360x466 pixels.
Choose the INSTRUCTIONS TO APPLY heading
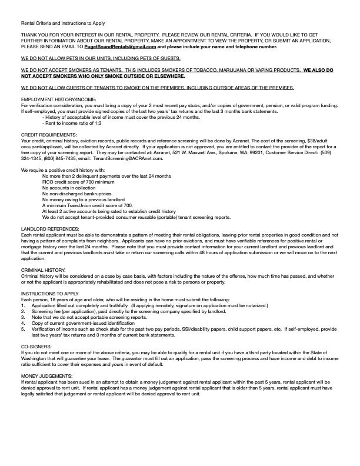tap(49, 292)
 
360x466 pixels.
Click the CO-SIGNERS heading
tap(36, 347)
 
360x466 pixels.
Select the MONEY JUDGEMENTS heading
tap(46, 375)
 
